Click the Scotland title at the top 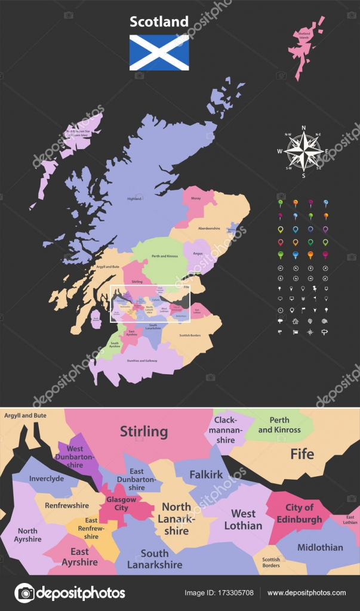click(x=159, y=22)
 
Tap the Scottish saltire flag click(x=159, y=53)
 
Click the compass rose click(x=303, y=152)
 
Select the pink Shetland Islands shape click(x=306, y=45)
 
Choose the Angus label click(x=198, y=253)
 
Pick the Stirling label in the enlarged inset click(x=144, y=431)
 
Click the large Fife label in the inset click(x=302, y=454)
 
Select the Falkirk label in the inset click(x=206, y=474)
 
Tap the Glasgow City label click(x=122, y=504)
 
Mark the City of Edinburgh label click(x=299, y=513)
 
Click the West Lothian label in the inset click(x=243, y=519)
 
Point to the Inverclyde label click(x=47, y=479)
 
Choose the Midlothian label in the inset click(x=320, y=547)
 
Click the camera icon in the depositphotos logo click(x=24, y=593)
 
